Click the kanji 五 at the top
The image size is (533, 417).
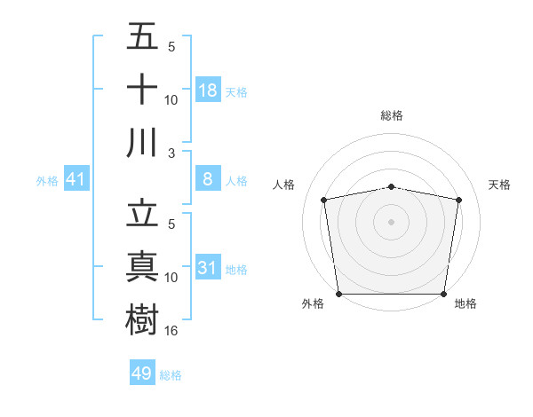click(x=142, y=36)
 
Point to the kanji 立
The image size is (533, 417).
click(x=142, y=213)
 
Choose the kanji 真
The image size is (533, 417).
click(x=142, y=266)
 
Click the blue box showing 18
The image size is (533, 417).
click(x=208, y=90)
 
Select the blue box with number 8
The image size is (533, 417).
click(x=208, y=179)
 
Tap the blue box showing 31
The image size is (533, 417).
click(x=208, y=267)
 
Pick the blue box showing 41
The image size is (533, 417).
click(x=76, y=179)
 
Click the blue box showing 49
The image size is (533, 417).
click(x=142, y=374)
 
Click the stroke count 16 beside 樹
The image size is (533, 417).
click(x=172, y=330)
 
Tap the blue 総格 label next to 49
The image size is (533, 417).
click(x=171, y=375)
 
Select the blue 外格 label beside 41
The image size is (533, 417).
click(x=47, y=180)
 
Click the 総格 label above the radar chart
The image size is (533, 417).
click(x=391, y=115)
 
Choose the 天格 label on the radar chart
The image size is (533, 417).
click(x=500, y=185)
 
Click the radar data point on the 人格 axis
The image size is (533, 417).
click(x=324, y=200)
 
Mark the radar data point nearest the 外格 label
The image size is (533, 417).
click(x=338, y=294)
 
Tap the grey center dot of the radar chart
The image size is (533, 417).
click(x=391, y=221)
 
